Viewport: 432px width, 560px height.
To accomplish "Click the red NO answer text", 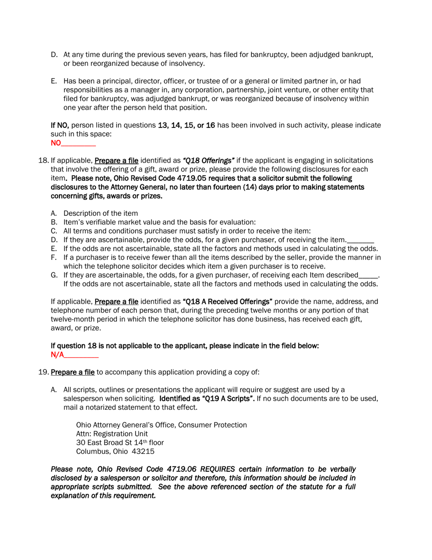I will pos(55,143).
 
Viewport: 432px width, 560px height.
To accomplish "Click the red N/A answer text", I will pos(57,355).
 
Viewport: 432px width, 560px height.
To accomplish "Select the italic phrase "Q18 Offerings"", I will pos(208,160).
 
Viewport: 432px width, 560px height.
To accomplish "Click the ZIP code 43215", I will pos(143,451).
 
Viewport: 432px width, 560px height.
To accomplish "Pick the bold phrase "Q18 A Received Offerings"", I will pos(227,301).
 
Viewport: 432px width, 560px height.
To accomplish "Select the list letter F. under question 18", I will pos(54,257).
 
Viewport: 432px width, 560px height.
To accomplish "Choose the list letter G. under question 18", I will pos(54,275).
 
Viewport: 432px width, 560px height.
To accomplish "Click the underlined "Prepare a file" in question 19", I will pos(73,372).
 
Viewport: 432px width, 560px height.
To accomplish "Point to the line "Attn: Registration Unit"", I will pos(112,433).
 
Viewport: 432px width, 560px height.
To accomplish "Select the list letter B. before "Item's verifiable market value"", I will pos(54,222).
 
